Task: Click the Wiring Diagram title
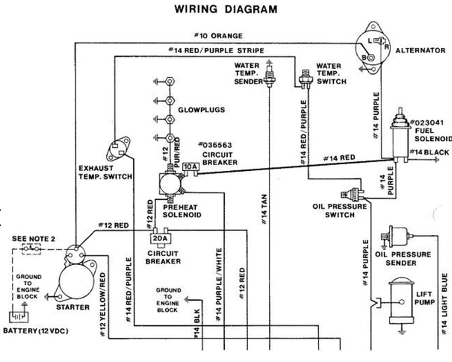click(226, 9)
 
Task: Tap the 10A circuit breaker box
click(191, 167)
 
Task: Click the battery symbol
click(19, 317)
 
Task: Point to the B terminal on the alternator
click(371, 57)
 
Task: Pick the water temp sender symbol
click(269, 75)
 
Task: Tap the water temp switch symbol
click(305, 78)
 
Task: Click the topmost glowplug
click(170, 81)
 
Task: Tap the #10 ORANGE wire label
click(218, 36)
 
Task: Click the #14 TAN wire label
click(264, 209)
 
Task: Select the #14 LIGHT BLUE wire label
click(445, 304)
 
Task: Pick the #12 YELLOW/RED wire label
click(102, 305)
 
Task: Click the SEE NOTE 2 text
click(33, 239)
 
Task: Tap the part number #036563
click(215, 145)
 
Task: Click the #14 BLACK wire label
click(429, 152)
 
